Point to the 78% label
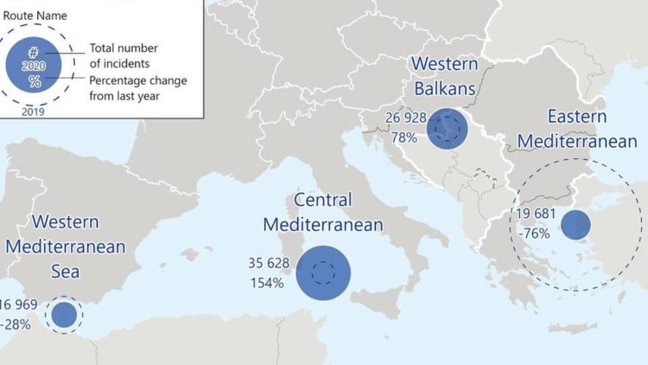(403, 137)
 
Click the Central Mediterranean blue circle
(323, 272)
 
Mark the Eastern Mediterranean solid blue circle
(575, 225)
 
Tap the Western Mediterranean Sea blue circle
(63, 315)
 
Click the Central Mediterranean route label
(322, 212)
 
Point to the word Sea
(65, 272)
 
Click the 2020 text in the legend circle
(35, 66)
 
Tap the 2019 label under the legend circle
(34, 111)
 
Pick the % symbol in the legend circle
(35, 81)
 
